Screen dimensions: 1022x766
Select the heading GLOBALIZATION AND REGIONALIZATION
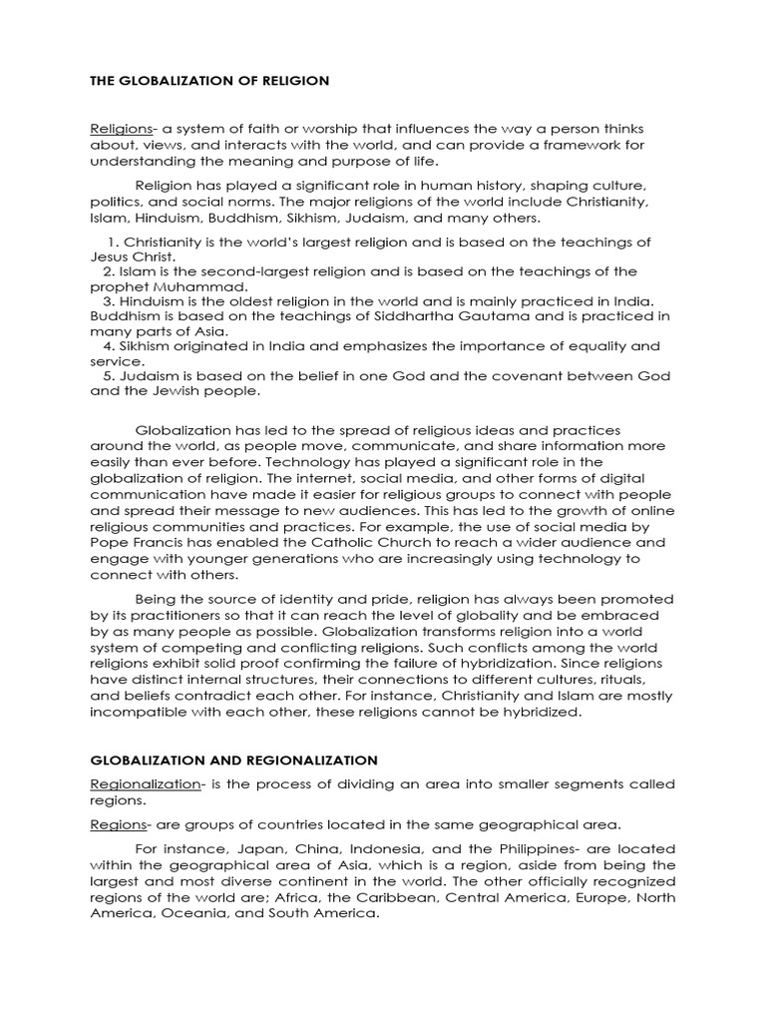(231, 760)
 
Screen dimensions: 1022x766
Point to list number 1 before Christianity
(114, 243)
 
